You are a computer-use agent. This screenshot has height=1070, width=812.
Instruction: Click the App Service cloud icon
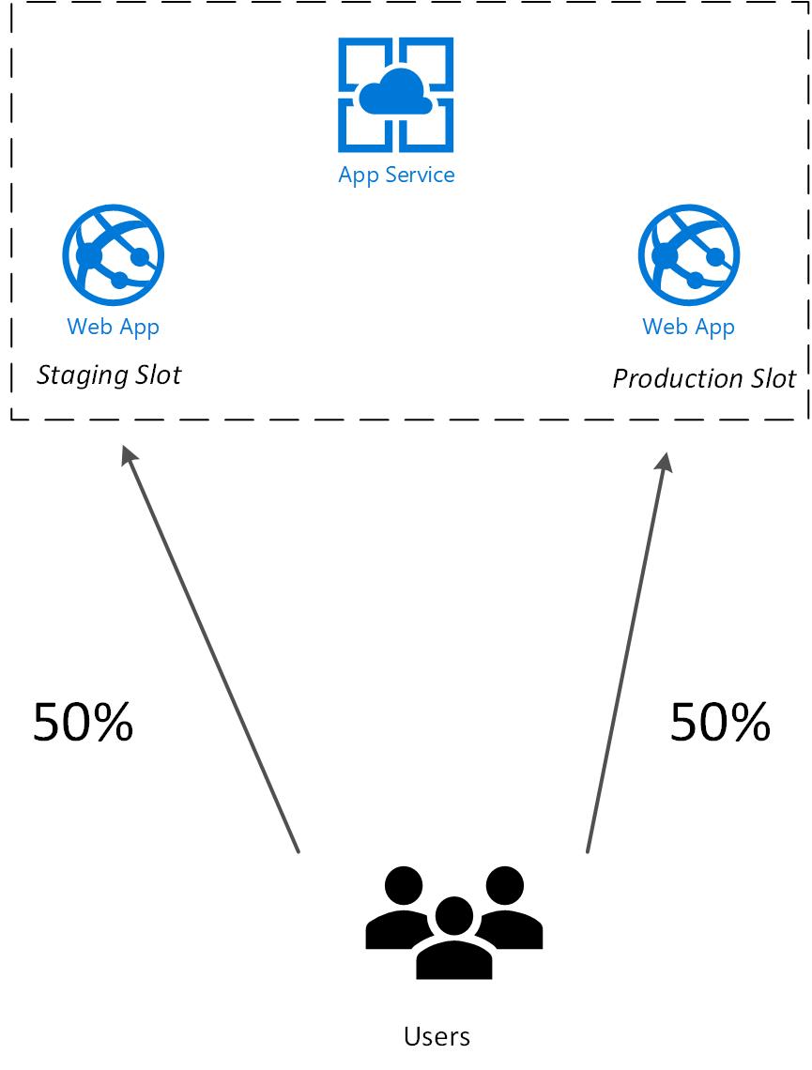pyautogui.click(x=396, y=94)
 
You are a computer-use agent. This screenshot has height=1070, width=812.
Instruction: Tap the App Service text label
pyautogui.click(x=396, y=176)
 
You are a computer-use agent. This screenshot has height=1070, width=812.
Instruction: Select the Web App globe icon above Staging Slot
pyautogui.click(x=114, y=254)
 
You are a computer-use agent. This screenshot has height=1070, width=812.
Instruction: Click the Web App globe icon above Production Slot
pyautogui.click(x=689, y=254)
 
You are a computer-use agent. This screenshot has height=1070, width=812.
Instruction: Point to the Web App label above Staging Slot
pyautogui.click(x=114, y=328)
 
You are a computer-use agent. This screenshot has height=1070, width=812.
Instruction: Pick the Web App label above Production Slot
pyautogui.click(x=688, y=328)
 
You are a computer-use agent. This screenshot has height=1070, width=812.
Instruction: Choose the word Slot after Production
pyautogui.click(x=774, y=378)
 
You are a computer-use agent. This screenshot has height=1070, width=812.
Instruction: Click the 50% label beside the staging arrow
pyautogui.click(x=84, y=723)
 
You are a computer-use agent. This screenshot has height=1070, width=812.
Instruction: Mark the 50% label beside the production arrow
pyautogui.click(x=721, y=723)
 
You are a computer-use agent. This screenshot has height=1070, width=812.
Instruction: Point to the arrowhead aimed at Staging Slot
pyautogui.click(x=129, y=455)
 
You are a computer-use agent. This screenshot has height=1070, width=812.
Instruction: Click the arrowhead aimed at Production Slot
pyautogui.click(x=664, y=461)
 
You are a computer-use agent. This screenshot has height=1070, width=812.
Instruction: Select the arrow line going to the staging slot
pyautogui.click(x=210, y=649)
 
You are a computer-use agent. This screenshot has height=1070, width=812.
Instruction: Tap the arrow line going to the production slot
pyautogui.click(x=626, y=652)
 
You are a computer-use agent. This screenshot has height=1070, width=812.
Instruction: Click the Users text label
pyautogui.click(x=437, y=1036)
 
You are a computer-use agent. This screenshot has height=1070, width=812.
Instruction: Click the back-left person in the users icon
pyautogui.click(x=401, y=909)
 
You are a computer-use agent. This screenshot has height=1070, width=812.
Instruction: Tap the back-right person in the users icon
pyautogui.click(x=508, y=909)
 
